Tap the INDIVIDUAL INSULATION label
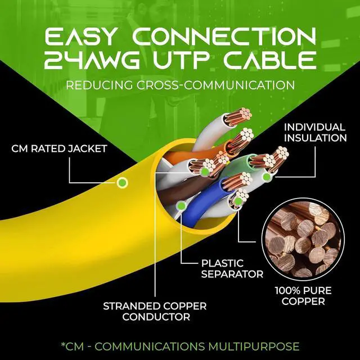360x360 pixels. pos(315,133)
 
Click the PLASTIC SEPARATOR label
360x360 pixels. pos(232,269)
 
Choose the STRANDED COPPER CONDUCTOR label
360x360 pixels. pos(146,312)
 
